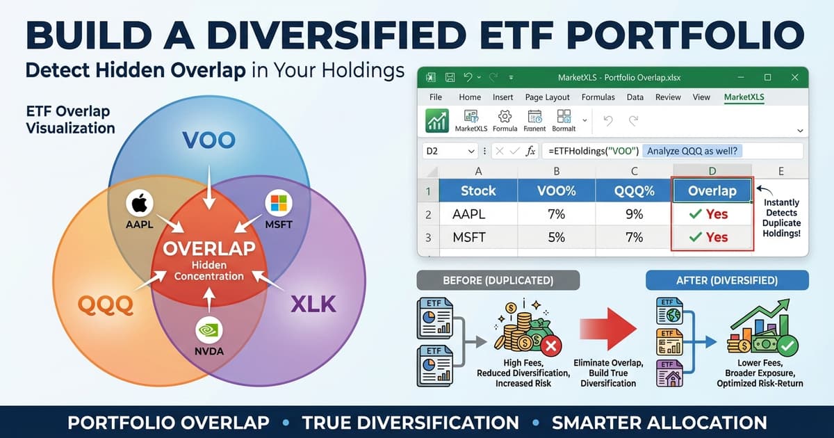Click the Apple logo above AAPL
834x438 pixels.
(140, 204)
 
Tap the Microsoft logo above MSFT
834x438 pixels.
(279, 204)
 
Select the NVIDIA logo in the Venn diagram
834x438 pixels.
(209, 330)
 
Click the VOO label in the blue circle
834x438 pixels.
(208, 141)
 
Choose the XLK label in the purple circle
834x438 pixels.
(313, 304)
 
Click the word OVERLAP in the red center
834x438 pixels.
(208, 248)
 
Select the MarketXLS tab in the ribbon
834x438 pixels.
(744, 97)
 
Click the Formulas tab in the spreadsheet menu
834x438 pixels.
(598, 97)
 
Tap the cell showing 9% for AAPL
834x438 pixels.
(634, 214)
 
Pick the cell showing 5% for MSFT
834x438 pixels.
(556, 237)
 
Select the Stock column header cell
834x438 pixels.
(478, 190)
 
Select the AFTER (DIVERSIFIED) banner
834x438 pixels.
(727, 280)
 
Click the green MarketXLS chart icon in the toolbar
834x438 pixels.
(437, 121)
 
